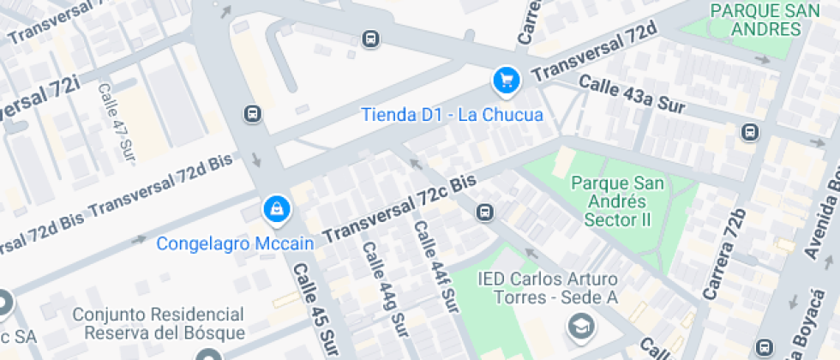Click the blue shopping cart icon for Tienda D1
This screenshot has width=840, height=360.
(506, 81)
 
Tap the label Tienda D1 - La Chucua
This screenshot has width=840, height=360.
(452, 114)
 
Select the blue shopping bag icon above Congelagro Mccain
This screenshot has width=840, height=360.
(276, 207)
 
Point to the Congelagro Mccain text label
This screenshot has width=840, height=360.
(235, 243)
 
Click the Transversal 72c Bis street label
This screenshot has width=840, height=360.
(399, 208)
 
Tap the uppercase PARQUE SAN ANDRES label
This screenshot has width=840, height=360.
(756, 20)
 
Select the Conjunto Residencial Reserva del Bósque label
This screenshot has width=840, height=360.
(159, 324)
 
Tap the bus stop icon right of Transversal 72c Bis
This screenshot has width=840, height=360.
(484, 212)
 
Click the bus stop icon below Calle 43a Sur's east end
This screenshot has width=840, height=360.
(750, 132)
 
